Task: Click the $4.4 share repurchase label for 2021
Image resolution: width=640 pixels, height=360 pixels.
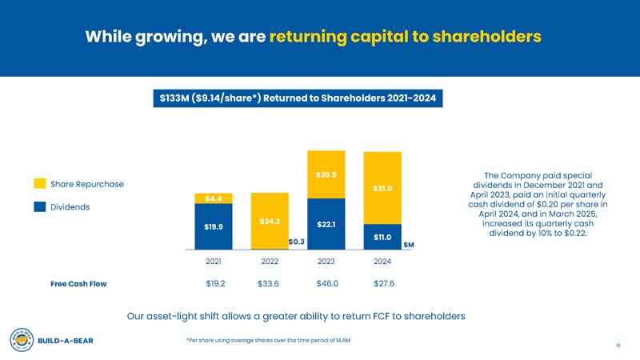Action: [x=213, y=198]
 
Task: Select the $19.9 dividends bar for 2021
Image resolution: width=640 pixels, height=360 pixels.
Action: [x=213, y=226]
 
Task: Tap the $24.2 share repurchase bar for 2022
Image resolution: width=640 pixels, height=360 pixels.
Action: [x=270, y=221]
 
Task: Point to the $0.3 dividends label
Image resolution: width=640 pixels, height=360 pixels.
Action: [x=297, y=241]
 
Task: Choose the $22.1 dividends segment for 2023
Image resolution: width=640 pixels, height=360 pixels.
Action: [x=326, y=224]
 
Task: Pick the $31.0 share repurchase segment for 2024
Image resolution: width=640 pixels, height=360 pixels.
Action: [x=382, y=188]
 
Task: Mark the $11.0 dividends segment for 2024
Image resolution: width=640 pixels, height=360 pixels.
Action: [x=382, y=237]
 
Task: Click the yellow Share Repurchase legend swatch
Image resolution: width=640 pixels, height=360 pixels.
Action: [x=39, y=184]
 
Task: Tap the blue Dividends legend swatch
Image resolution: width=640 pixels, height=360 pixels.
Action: [x=39, y=207]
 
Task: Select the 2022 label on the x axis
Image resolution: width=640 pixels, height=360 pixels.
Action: [x=270, y=261]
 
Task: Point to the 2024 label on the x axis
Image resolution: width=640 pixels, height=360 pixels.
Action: [x=382, y=261]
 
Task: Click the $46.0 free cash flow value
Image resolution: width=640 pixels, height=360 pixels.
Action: [x=326, y=283]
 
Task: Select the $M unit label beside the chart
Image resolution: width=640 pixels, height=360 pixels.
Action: [x=408, y=244]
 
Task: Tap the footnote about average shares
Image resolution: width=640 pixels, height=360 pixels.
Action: [x=267, y=340]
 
